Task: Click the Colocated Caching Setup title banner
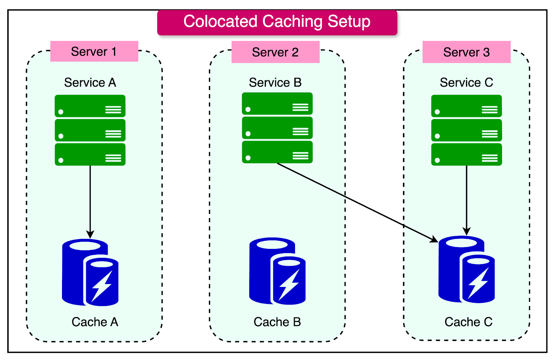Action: click(x=277, y=22)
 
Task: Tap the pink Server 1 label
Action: click(x=94, y=52)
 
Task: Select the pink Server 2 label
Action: click(x=275, y=52)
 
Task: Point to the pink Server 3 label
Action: click(x=466, y=52)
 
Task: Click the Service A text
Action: click(x=90, y=83)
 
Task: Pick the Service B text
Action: click(x=275, y=83)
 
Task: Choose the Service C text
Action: click(x=466, y=83)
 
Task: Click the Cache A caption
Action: click(x=95, y=322)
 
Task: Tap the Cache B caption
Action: click(x=277, y=322)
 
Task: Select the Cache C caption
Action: click(x=468, y=322)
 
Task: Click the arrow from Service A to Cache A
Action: click(x=90, y=201)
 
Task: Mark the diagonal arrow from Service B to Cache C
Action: click(x=357, y=202)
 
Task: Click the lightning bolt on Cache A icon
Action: click(x=101, y=286)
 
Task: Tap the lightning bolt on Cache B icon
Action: click(x=288, y=284)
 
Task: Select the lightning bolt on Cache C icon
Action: click(x=478, y=283)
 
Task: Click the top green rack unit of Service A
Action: click(x=90, y=106)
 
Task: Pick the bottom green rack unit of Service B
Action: click(x=277, y=152)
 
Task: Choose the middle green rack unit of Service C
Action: click(x=466, y=130)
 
